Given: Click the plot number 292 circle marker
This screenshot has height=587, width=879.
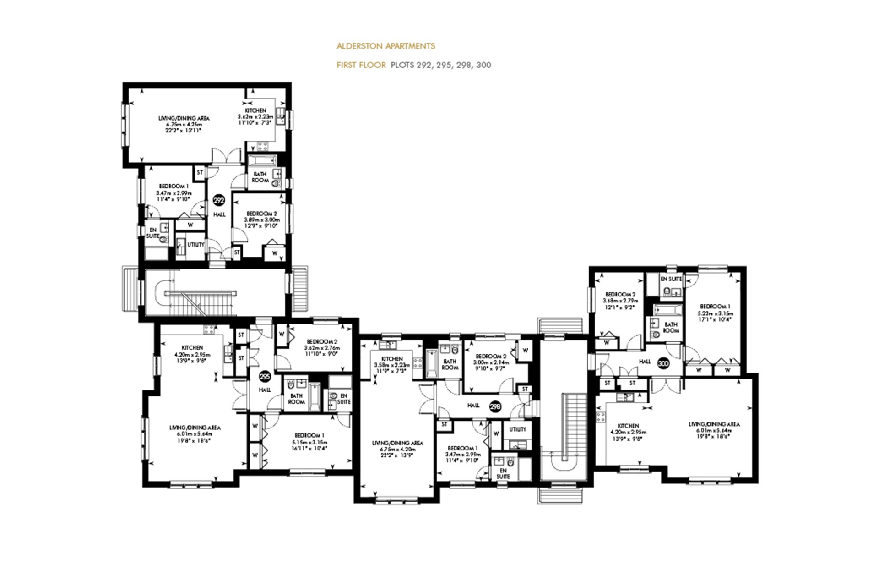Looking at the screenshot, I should [219, 200].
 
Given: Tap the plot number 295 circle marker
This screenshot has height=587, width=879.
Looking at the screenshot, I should [265, 377].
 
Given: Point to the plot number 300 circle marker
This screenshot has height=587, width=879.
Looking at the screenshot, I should [663, 363].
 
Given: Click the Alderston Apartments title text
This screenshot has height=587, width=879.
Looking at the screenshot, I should [385, 46].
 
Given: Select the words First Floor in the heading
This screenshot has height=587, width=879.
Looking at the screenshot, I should [361, 65].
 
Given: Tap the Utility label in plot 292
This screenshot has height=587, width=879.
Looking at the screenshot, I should [195, 245].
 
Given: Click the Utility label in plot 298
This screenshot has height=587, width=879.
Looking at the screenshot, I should [518, 429].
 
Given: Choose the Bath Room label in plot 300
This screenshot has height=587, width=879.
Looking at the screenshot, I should [671, 327].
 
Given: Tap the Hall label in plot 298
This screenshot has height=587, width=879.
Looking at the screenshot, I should [473, 406].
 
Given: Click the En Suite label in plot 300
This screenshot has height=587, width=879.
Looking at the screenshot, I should [671, 279].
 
